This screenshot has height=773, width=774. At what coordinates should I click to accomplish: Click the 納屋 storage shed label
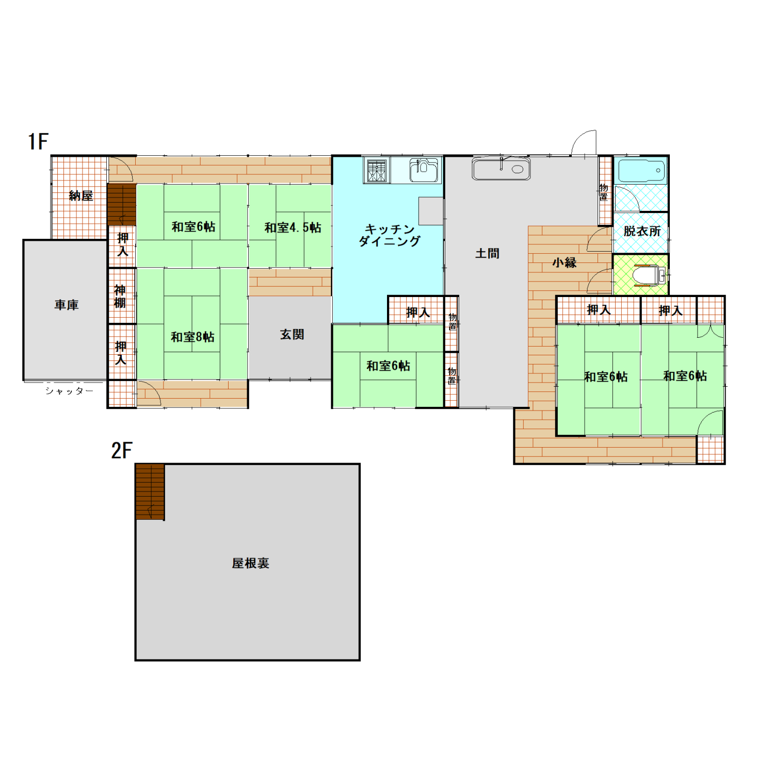coord(81,196)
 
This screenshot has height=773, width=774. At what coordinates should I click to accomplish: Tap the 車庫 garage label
coord(67,305)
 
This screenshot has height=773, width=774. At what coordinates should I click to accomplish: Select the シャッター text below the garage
coord(69,391)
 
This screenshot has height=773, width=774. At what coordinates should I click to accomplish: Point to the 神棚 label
coord(120,297)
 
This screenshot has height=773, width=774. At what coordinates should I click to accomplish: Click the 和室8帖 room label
coord(192,337)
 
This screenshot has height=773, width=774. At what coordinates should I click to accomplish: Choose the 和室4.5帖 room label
coord(293,228)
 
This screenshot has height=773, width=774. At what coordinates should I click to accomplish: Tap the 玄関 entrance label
coord(292,335)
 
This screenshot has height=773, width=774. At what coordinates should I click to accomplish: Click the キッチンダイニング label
coord(390,235)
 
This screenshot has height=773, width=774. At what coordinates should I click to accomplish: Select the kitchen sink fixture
coord(424,170)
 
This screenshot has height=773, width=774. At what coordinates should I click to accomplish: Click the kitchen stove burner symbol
coord(377,170)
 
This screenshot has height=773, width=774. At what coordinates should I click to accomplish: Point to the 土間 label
coord(487,254)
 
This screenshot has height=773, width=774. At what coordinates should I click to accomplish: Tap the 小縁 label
coord(565,262)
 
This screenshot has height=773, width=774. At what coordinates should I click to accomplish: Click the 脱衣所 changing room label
coord(642,232)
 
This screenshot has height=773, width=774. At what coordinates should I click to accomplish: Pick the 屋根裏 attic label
coord(250,563)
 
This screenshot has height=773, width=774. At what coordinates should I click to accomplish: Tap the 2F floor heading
coord(122,451)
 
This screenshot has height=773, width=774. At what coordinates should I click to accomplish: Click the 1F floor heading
coord(39,141)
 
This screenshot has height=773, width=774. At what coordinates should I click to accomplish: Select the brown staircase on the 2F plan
coord(150,492)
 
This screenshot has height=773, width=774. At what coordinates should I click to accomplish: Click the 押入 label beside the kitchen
coord(418,312)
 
